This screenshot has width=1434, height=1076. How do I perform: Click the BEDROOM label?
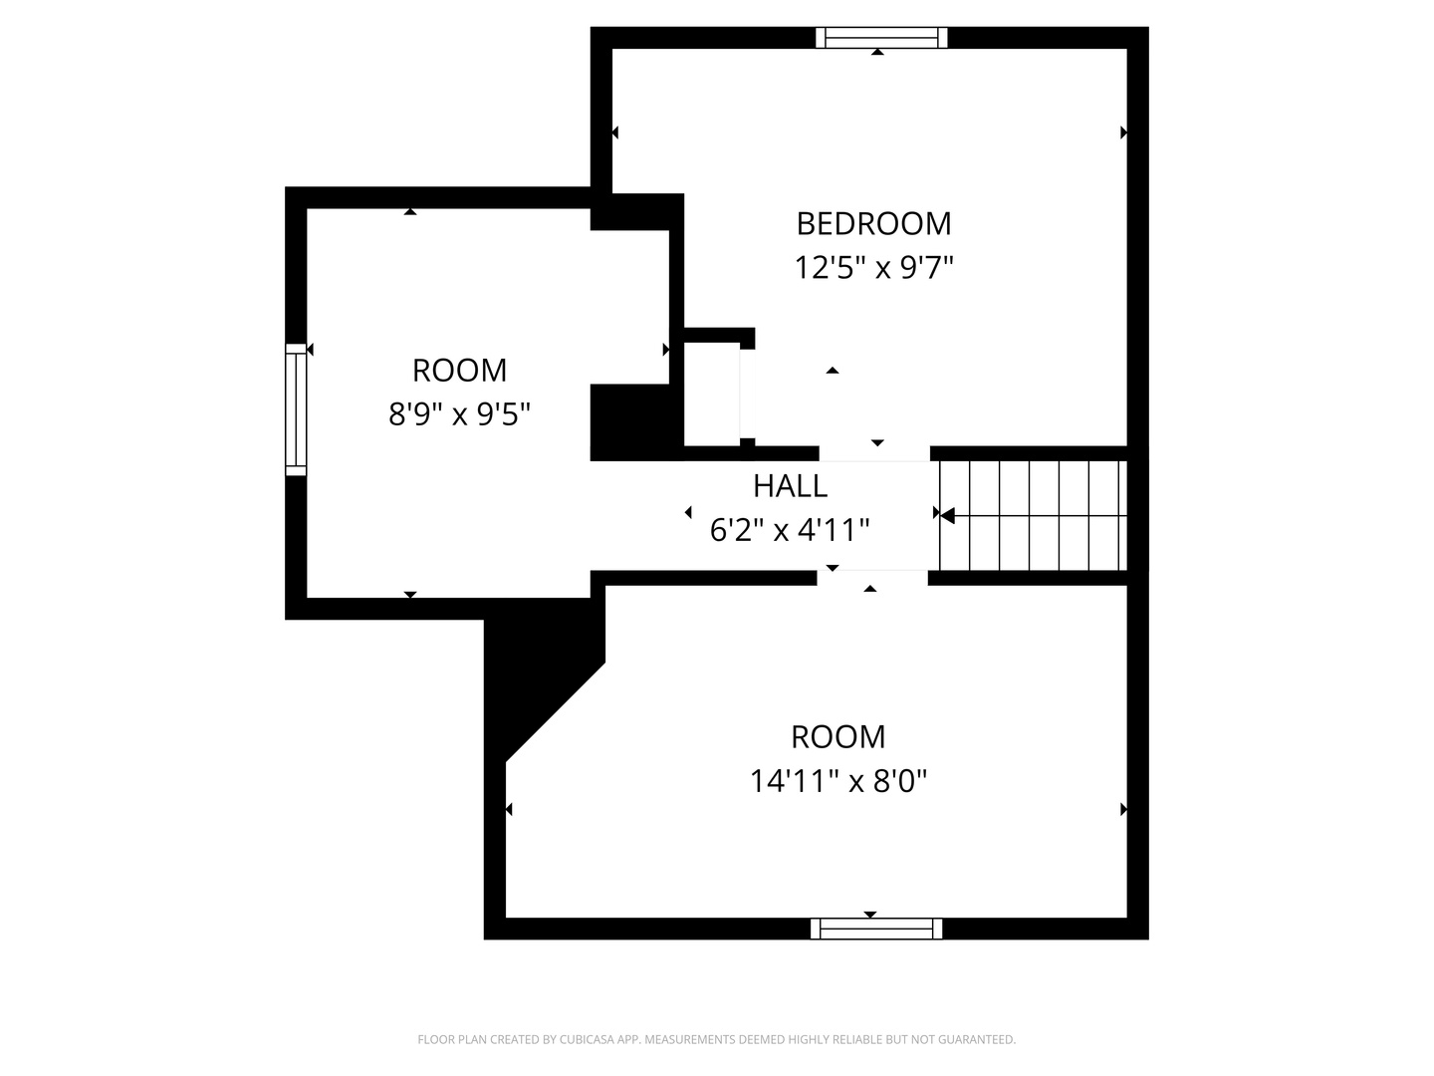[873, 223]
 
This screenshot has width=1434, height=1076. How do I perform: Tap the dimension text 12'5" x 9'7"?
[873, 267]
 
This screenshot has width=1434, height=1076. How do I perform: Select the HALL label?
[790, 485]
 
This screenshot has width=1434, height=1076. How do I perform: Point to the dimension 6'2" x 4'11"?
[790, 529]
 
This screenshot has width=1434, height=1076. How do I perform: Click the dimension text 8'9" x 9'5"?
[459, 413]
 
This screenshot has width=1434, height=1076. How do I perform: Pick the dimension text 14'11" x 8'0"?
[838, 781]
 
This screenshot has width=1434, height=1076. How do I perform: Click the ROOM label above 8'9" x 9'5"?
[459, 371]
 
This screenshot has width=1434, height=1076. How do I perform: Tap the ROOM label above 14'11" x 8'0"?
[838, 737]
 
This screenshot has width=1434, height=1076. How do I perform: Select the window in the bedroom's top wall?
[881, 38]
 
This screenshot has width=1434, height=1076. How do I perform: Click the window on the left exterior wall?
[296, 409]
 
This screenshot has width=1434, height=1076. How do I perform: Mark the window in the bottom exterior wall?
[876, 929]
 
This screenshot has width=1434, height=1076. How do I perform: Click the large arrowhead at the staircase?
[947, 515]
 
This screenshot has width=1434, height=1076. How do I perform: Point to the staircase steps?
[1033, 515]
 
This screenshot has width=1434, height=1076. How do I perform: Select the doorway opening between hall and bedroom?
[874, 454]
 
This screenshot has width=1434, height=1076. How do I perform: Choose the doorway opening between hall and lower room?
[872, 578]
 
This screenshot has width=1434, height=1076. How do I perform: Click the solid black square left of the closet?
[629, 422]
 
